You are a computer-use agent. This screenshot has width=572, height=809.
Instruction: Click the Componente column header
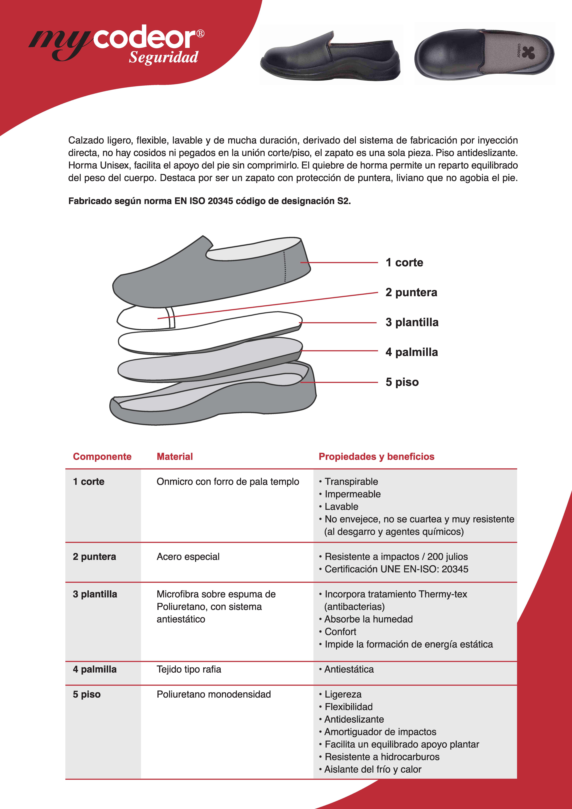click(x=102, y=457)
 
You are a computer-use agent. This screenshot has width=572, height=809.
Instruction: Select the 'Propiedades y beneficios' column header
click(x=376, y=457)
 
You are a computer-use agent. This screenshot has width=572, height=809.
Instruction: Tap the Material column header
click(x=175, y=457)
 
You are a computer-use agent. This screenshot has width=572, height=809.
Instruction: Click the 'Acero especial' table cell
click(x=188, y=557)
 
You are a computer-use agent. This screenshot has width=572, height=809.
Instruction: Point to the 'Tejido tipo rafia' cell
click(x=189, y=669)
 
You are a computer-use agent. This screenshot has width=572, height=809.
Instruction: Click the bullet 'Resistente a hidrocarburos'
click(x=382, y=757)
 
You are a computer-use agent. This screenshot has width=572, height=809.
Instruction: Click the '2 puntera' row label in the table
click(x=94, y=557)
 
